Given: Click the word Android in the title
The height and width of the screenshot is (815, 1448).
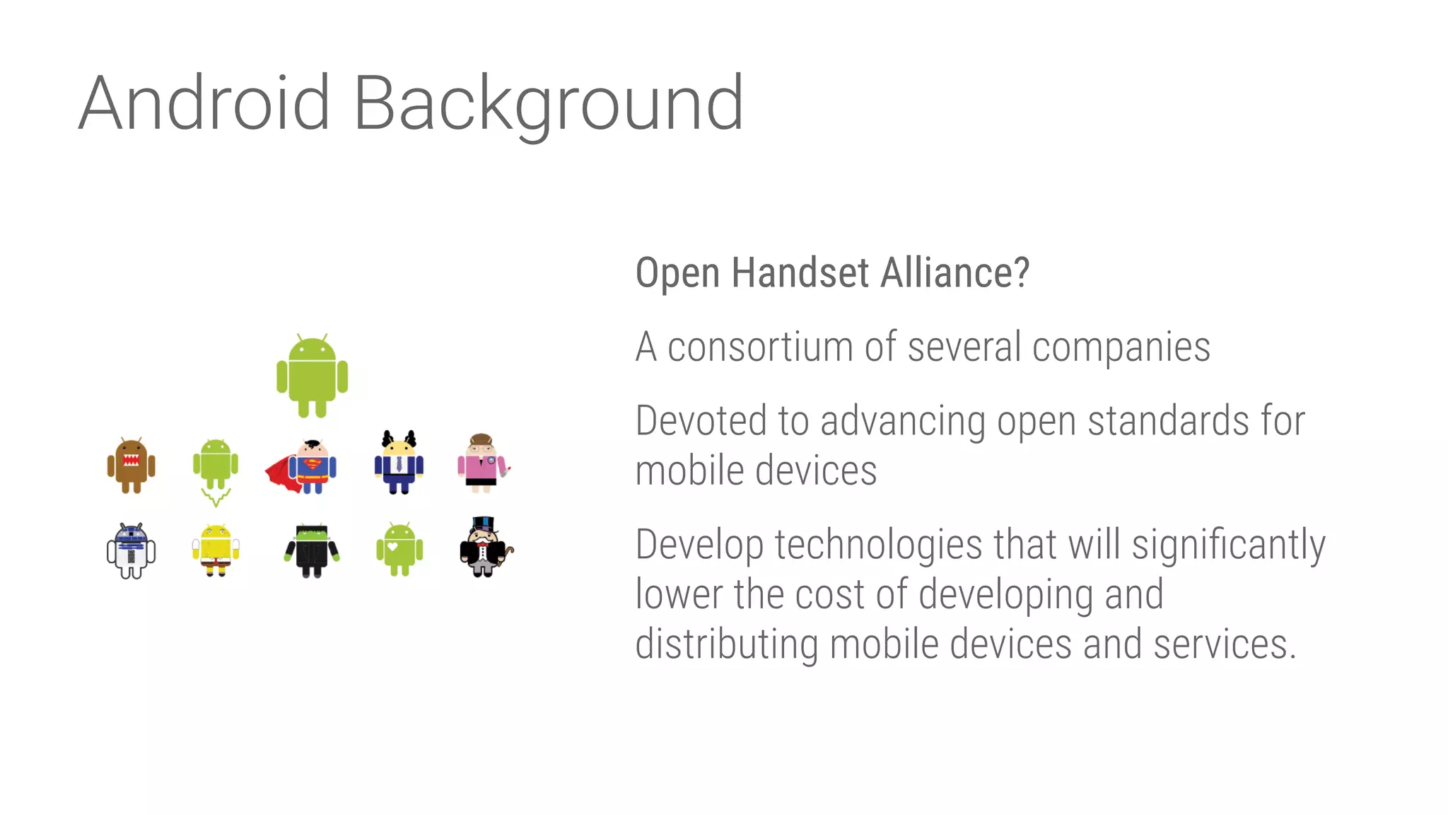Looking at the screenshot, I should click(x=204, y=103).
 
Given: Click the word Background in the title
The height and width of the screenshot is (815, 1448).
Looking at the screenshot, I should click(x=548, y=105).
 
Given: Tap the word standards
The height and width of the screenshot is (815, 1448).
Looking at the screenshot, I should click(x=1169, y=421).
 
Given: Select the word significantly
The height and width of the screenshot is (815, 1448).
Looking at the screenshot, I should click(x=1228, y=545).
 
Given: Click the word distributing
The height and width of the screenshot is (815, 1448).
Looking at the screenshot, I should click(x=726, y=645).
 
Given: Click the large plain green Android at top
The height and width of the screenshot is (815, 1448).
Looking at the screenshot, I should click(x=312, y=376).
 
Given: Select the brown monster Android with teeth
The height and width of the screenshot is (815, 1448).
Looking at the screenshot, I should click(x=131, y=465).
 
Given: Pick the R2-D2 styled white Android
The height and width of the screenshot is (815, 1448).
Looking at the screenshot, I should click(x=131, y=550).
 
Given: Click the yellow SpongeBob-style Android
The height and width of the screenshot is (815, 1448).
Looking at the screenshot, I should click(x=216, y=549).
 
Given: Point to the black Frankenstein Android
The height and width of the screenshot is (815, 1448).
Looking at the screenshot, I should click(x=312, y=550).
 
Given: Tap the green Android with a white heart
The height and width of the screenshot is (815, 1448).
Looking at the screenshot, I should click(x=399, y=549).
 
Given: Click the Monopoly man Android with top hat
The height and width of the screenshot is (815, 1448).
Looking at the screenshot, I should click(x=485, y=548).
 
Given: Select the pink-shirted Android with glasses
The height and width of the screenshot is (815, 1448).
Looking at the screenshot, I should click(x=482, y=463).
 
